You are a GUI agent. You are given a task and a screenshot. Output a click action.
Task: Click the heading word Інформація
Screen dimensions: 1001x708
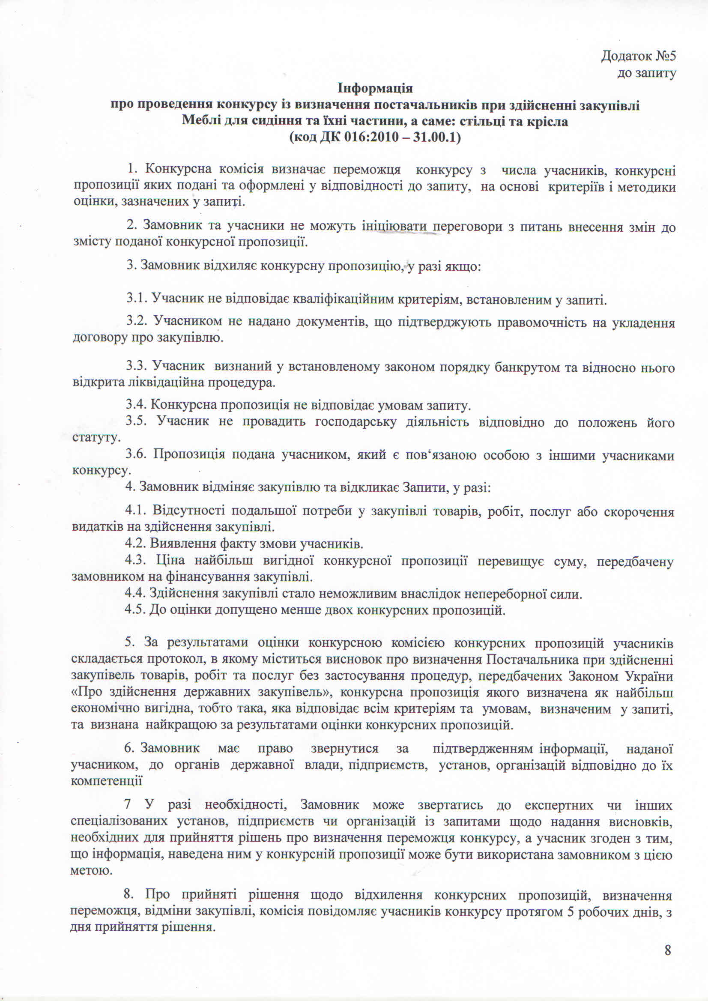coord(375,89)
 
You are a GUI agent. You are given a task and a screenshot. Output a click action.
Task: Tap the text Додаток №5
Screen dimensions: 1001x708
coord(638,56)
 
